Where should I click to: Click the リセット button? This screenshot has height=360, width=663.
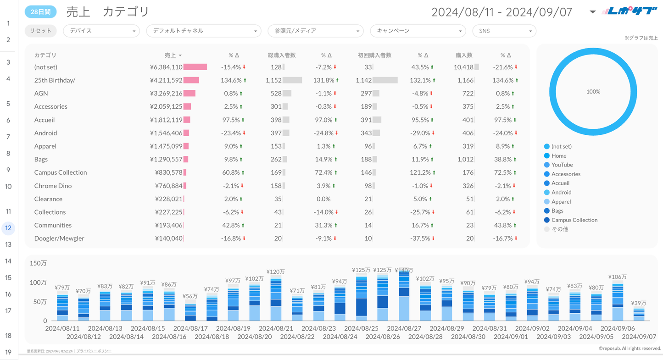(40, 31)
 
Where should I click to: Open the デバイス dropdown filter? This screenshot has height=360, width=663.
(101, 31)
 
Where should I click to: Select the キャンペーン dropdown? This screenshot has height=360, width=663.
(418, 31)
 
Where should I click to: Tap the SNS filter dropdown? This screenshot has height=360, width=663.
(504, 31)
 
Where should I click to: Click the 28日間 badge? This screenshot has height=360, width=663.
(40, 12)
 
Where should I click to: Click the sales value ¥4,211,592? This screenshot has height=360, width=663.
(166, 80)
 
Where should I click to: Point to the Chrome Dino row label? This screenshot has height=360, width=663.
(53, 186)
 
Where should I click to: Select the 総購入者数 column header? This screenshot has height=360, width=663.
(282, 55)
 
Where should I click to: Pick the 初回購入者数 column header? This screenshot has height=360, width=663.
(374, 55)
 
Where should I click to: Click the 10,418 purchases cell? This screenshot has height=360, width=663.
(463, 67)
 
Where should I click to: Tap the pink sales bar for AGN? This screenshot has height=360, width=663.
(189, 94)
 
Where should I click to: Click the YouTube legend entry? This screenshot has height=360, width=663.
(562, 165)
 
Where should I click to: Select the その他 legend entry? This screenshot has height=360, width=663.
(560, 229)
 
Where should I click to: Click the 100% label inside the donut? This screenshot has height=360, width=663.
(593, 92)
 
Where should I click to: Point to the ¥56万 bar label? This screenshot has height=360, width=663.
(190, 296)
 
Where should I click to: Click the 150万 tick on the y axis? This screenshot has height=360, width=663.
(38, 263)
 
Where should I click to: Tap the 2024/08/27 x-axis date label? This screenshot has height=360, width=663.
(404, 328)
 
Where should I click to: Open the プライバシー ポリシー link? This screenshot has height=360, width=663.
(94, 351)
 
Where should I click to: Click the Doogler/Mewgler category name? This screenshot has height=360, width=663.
(59, 238)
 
